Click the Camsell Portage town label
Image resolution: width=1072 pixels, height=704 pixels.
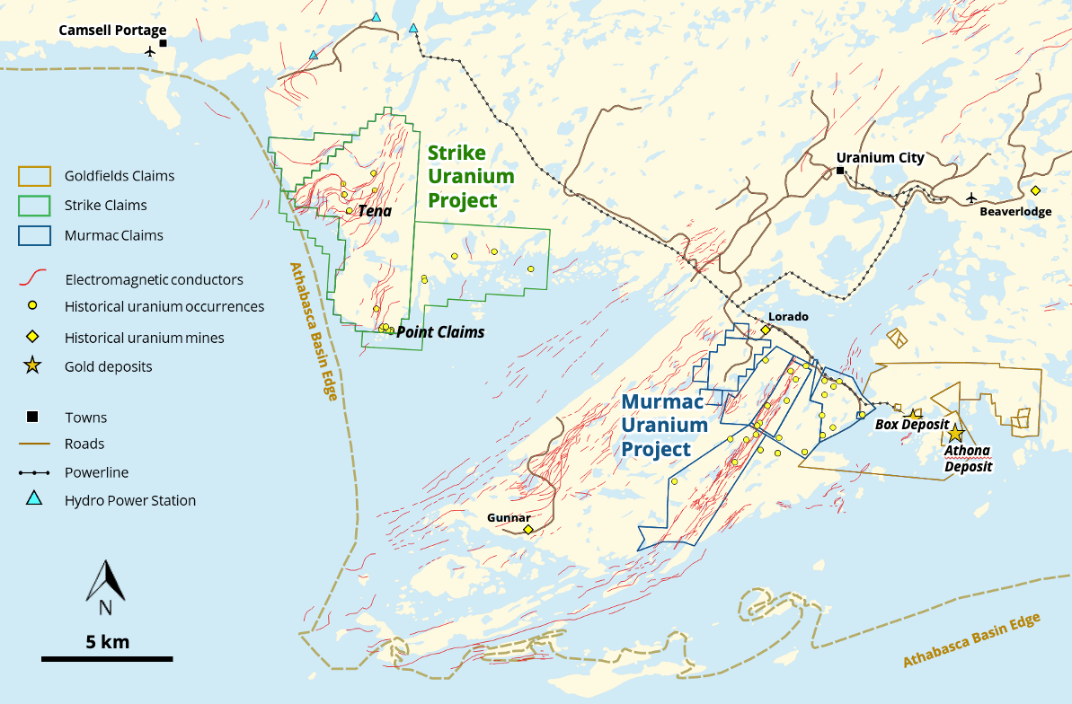coord(112,31)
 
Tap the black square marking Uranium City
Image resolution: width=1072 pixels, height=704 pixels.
coord(840,171)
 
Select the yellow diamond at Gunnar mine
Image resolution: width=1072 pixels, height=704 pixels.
coord(527,530)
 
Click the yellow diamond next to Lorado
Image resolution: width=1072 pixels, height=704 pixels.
coord(766,330)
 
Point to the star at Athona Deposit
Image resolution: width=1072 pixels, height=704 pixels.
coord(955,434)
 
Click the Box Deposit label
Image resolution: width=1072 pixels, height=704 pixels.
coord(912,424)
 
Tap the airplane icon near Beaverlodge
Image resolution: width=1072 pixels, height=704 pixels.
coord(970,198)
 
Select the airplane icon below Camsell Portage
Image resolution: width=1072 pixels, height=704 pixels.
coord(150,51)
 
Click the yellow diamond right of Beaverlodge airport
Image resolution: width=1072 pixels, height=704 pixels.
coord(1035,190)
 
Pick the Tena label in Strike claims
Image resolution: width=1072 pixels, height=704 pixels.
coord(375,211)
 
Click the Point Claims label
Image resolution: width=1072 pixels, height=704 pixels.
coord(440,332)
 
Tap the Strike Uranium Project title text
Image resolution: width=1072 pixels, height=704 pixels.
coord(471,176)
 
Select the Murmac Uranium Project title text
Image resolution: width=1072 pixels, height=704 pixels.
coord(668,427)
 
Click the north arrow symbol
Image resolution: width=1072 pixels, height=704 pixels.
coord(105,582)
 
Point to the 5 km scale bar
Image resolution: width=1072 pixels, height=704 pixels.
coord(107,659)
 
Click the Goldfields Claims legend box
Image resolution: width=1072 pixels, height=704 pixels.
coord(33,176)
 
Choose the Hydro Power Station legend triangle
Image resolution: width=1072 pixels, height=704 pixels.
coord(33,499)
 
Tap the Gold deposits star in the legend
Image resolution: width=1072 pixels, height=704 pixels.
coord(32,365)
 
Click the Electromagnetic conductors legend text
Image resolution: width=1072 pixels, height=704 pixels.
coord(154,280)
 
